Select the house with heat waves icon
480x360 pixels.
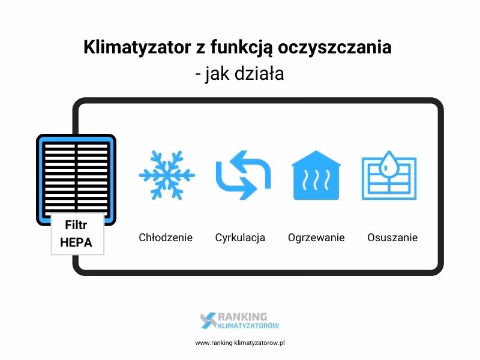pyautogui.click(x=316, y=178)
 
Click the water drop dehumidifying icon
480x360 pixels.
pyautogui.click(x=389, y=175)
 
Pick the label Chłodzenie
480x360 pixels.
pyautogui.click(x=166, y=238)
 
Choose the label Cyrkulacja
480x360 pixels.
pyautogui.click(x=240, y=238)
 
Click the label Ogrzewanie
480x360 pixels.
pyautogui.click(x=316, y=238)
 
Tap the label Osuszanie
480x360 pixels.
pyautogui.click(x=392, y=238)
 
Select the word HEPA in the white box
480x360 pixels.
pyautogui.click(x=76, y=244)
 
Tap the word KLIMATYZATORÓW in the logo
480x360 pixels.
pyautogui.click(x=251, y=326)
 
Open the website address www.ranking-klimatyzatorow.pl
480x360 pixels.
pyautogui.click(x=240, y=343)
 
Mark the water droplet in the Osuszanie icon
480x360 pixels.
pyautogui.click(x=389, y=164)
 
